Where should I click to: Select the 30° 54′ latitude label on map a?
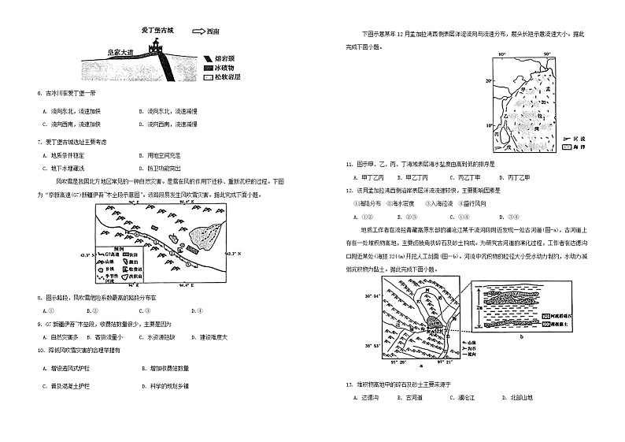tap(373, 295)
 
